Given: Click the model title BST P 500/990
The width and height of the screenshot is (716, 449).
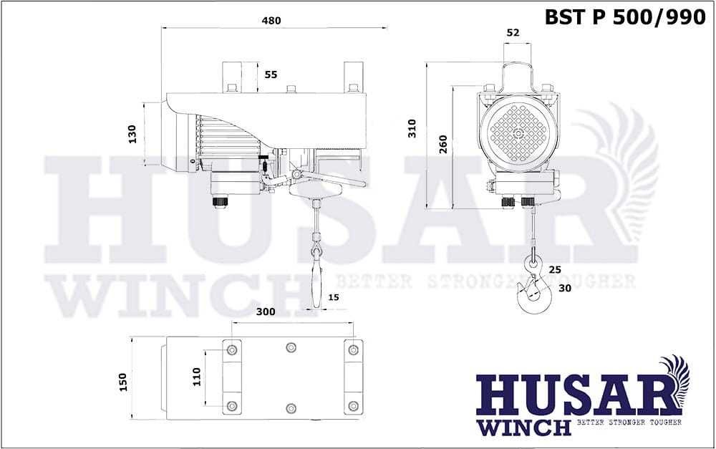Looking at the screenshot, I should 625,17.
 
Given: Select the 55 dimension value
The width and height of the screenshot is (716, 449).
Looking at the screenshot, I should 271,74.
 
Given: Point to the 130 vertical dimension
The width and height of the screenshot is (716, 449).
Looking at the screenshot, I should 132,134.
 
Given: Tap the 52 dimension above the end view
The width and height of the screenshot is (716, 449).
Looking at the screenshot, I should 513,32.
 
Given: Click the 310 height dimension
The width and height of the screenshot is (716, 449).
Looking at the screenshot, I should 412,128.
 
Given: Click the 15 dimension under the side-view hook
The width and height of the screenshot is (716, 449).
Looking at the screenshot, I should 334,297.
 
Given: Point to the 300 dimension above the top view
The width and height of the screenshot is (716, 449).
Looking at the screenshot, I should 266,312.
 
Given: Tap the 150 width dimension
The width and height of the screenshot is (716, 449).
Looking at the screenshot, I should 122,381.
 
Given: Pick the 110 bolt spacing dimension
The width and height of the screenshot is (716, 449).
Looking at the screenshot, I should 197,377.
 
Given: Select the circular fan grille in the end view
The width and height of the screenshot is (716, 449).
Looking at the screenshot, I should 518,133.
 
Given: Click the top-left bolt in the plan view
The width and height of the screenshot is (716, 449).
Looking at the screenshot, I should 231,350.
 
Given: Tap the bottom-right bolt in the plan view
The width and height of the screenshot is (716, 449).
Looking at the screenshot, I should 352,406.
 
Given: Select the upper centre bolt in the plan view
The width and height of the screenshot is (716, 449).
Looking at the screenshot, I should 291,348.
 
